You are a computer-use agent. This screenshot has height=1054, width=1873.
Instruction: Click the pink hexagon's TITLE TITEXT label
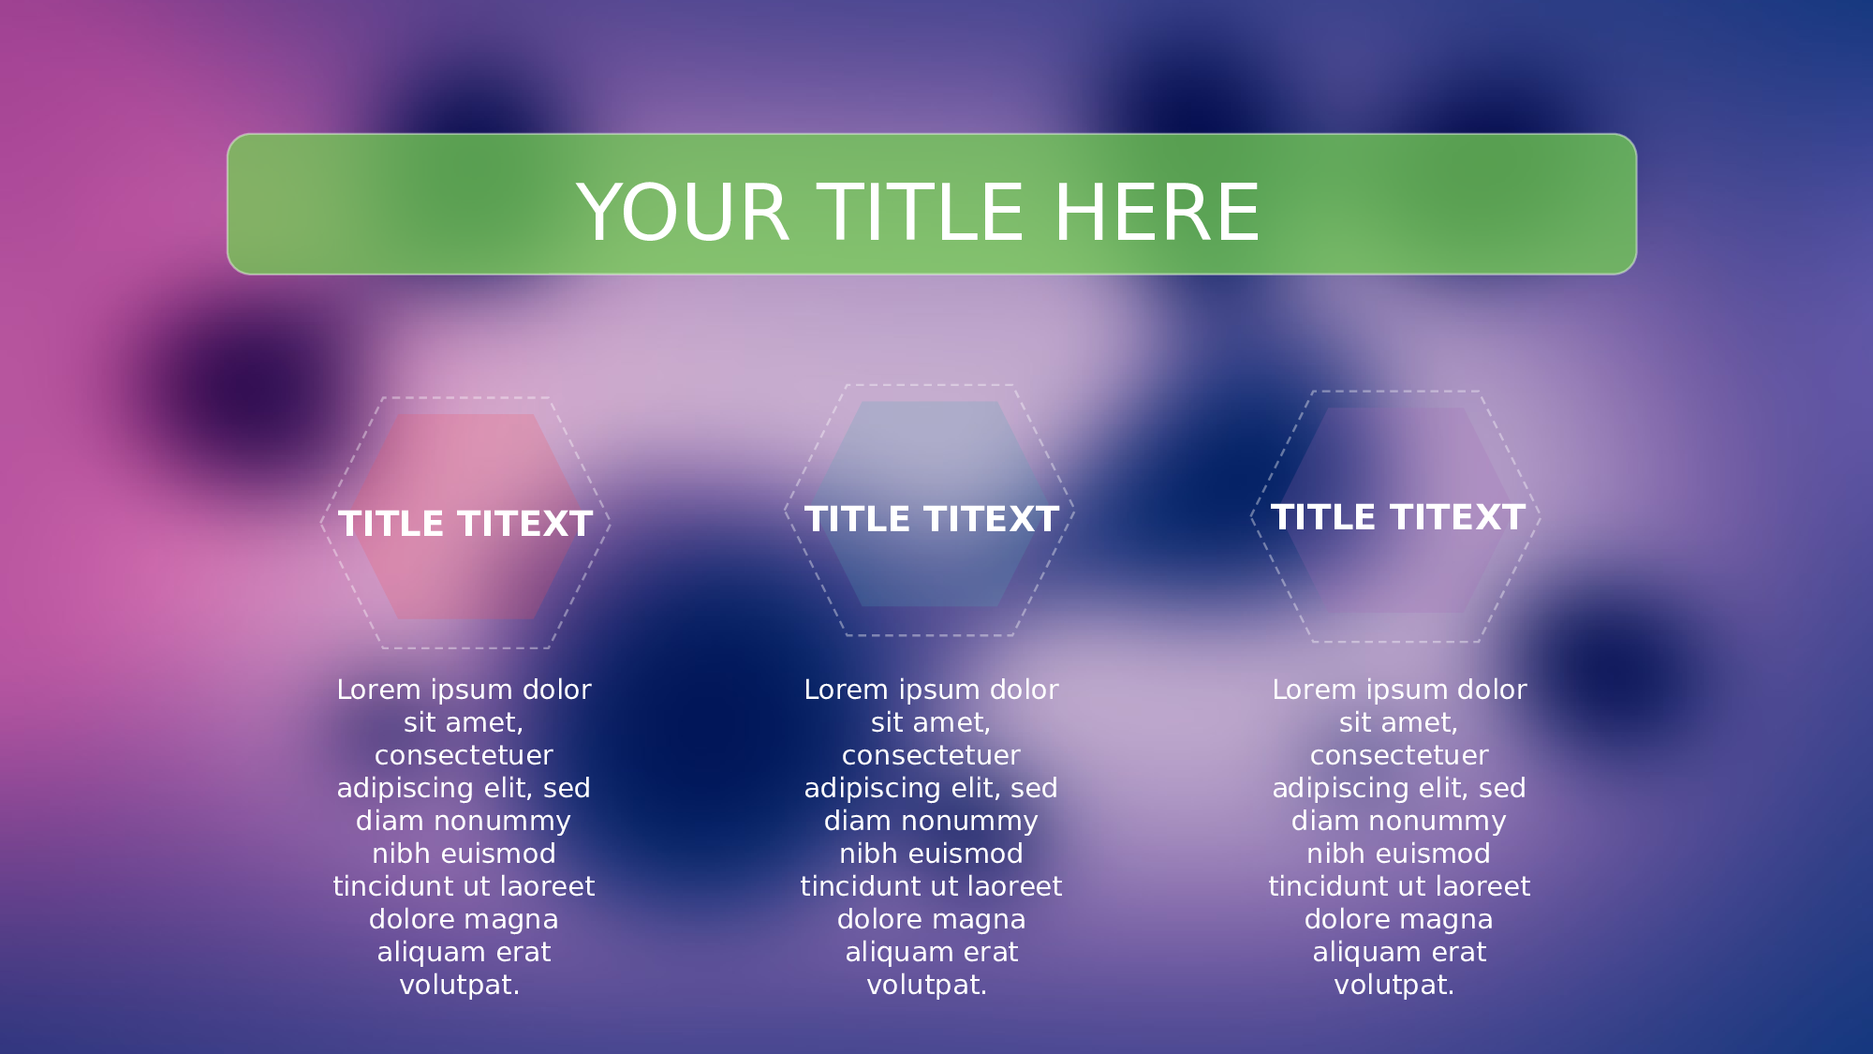[465, 524]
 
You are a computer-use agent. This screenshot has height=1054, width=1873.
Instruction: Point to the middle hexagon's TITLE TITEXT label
[932, 519]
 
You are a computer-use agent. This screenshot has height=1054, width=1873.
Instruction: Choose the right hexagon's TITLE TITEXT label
[1398, 517]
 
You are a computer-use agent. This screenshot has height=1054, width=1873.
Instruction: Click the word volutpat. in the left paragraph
[460, 985]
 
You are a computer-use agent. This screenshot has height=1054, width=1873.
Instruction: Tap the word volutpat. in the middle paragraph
[927, 985]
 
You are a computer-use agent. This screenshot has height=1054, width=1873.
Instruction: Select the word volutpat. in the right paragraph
[1394, 985]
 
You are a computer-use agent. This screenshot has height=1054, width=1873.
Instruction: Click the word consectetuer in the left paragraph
[464, 755]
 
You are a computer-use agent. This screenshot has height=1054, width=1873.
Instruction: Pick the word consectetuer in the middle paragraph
[931, 755]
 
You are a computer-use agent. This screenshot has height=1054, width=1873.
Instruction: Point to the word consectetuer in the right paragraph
[1399, 755]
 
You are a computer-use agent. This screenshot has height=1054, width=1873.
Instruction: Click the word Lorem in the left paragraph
[378, 690]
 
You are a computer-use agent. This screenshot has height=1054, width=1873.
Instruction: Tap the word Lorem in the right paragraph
[1314, 690]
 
